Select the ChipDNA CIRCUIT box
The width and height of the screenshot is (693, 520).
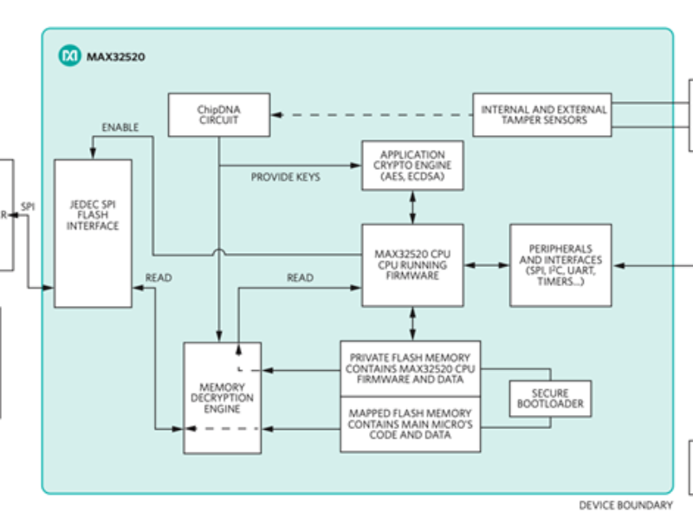pyautogui.click(x=217, y=114)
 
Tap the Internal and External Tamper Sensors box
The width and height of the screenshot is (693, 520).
pyautogui.click(x=541, y=114)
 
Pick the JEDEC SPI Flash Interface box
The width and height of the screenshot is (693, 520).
pyautogui.click(x=93, y=232)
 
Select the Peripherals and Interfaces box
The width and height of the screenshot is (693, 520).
pyautogui.click(x=560, y=264)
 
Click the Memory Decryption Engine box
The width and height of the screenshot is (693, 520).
pyautogui.click(x=222, y=397)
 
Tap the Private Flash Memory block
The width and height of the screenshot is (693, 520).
pyautogui.click(x=410, y=368)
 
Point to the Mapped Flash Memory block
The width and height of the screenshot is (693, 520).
pyautogui.click(x=410, y=424)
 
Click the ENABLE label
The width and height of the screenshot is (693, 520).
pyautogui.click(x=120, y=127)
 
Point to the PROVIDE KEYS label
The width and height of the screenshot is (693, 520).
pyautogui.click(x=285, y=177)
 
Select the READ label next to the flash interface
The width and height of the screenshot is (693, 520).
pyautogui.click(x=159, y=277)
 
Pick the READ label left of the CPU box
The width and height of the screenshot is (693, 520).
pyautogui.click(x=300, y=277)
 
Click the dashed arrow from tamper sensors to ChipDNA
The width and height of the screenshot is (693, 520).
pyautogui.click(x=372, y=114)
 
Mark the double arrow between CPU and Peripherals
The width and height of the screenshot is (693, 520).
pyautogui.click(x=486, y=263)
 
